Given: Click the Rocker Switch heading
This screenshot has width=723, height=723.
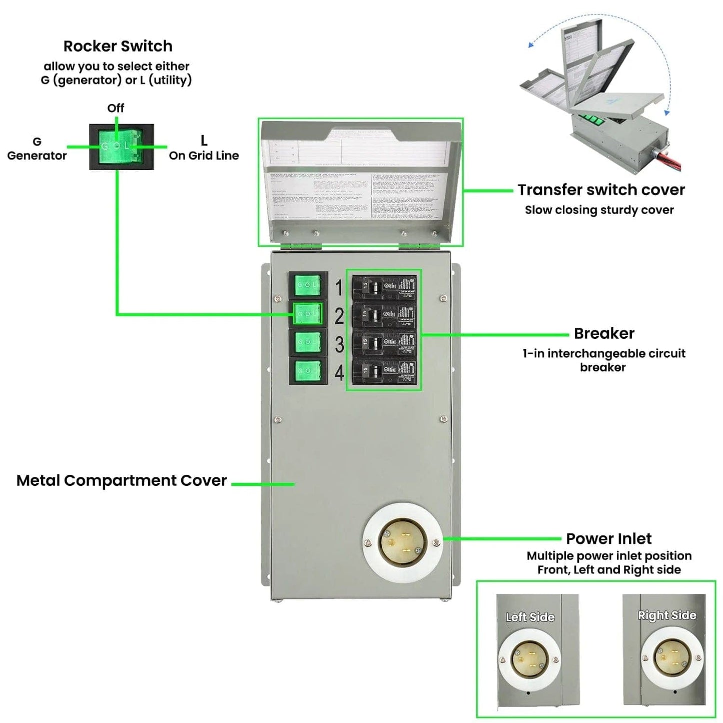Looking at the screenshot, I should coord(118,46).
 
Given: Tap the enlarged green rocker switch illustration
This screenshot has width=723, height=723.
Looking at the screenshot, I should coord(121,147).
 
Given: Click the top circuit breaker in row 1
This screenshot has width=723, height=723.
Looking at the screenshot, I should coord(384,287).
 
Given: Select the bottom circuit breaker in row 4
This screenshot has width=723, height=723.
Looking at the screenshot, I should coord(384,371).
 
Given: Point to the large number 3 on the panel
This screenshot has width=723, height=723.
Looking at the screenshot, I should coord(339,344).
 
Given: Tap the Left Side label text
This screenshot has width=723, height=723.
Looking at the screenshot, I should coord(530,617).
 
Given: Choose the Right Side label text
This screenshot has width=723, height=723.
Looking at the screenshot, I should coord(667,615).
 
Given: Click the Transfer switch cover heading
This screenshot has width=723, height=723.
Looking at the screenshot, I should coord(601,190).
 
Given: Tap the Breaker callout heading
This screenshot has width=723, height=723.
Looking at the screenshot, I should coord(604,333).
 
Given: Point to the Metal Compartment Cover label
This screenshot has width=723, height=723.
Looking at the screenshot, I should coord(122,480).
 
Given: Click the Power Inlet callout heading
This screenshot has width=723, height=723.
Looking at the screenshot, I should coord(608,538).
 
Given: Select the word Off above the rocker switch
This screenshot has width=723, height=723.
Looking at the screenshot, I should coord(116,108).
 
